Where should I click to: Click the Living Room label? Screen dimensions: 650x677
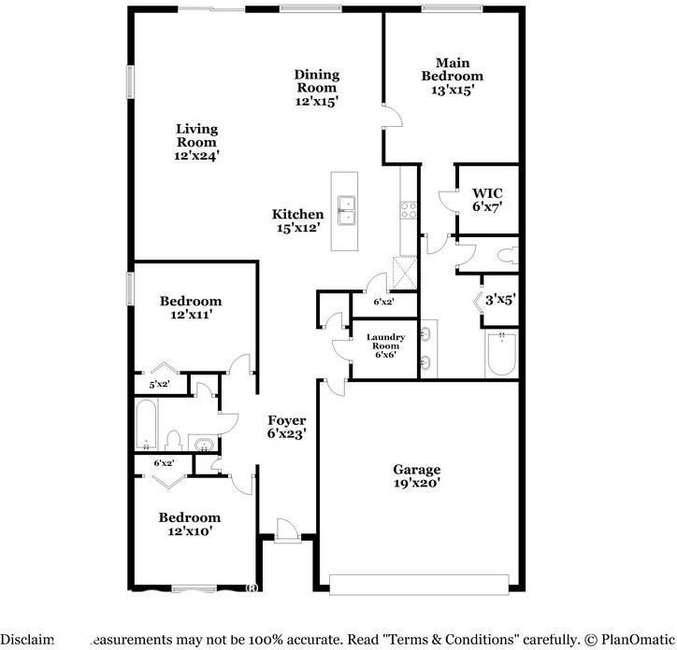tap(196, 143)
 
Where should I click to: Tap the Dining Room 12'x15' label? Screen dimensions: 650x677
tap(316, 87)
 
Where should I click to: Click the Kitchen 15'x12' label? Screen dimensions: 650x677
tap(297, 221)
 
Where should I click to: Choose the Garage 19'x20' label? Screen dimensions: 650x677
tap(416, 476)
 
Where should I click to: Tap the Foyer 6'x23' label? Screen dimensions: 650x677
tap(287, 427)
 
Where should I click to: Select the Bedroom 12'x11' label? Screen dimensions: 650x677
tap(190, 308)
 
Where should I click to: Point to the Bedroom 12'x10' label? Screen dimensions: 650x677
tap(189, 524)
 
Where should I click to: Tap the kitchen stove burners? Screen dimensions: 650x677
tap(409, 210)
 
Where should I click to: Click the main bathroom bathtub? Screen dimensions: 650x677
tap(501, 355)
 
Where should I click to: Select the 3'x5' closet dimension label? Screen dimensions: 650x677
tap(500, 301)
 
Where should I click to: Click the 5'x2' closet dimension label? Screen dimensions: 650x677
tap(159, 384)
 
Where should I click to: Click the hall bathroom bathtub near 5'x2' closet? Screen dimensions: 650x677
tap(146, 425)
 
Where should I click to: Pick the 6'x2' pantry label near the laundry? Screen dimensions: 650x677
tap(383, 302)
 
